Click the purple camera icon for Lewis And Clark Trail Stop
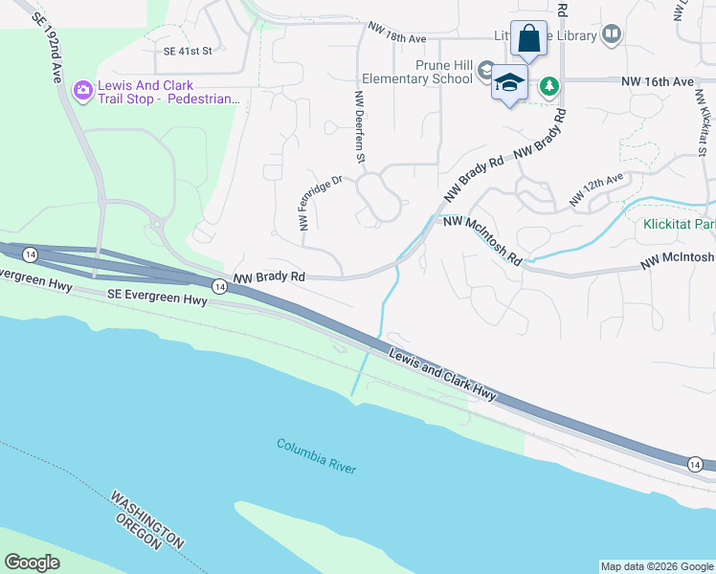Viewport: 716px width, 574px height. [83, 89]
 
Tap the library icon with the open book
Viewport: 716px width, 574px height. [612, 35]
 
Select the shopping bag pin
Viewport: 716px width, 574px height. [528, 40]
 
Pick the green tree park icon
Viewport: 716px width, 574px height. [548, 87]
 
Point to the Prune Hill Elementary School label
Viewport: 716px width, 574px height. [417, 79]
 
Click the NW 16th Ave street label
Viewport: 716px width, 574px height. [657, 82]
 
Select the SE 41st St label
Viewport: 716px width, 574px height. [187, 52]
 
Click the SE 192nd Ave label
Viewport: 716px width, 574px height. [49, 49]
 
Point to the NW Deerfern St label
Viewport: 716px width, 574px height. [361, 126]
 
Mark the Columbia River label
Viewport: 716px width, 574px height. [316, 456]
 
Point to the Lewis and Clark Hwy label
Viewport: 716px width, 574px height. [442, 375]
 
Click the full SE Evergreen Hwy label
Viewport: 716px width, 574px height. [157, 299]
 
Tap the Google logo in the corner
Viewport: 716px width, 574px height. [33, 562]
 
